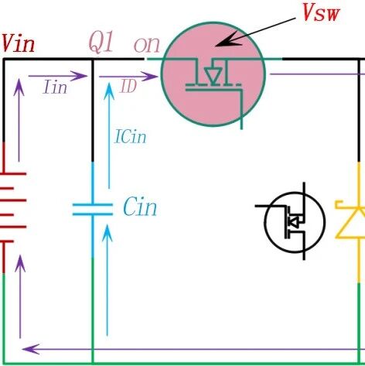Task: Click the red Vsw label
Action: pyautogui.click(x=321, y=13)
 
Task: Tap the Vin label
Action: pyautogui.click(x=18, y=44)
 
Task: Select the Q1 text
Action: pyautogui.click(x=101, y=43)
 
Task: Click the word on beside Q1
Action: pyautogui.click(x=147, y=45)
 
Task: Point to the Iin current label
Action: pyautogui.click(x=56, y=87)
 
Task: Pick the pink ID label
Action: pyautogui.click(x=128, y=86)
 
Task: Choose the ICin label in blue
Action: pyautogui.click(x=131, y=137)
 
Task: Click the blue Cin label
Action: pyautogui.click(x=140, y=207)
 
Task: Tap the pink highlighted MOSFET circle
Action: pyautogui.click(x=213, y=74)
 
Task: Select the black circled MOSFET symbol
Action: pyautogui.click(x=295, y=221)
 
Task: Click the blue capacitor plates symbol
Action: pyautogui.click(x=93, y=210)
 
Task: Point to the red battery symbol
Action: pyautogui.click(x=13, y=207)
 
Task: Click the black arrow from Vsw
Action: pyautogui.click(x=255, y=32)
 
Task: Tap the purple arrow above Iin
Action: pyautogui.click(x=58, y=76)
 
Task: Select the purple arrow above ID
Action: pyautogui.click(x=128, y=77)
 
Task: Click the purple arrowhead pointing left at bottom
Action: pyautogui.click(x=31, y=349)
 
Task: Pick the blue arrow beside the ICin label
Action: pyautogui.click(x=109, y=135)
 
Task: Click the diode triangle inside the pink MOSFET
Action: pyautogui.click(x=213, y=76)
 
